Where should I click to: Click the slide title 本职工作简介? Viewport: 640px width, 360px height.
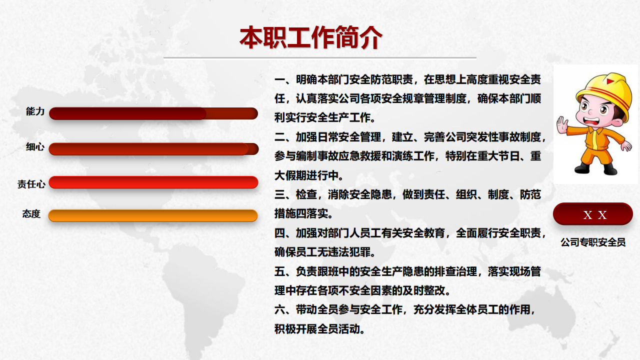pos(311,37)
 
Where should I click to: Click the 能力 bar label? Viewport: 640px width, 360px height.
pos(35,111)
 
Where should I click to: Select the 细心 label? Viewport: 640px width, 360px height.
pos(35,147)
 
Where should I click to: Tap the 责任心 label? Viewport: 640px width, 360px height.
pos(31,184)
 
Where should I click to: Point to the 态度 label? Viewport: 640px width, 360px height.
pos(31,213)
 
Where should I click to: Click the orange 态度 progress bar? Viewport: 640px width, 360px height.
pos(153,215)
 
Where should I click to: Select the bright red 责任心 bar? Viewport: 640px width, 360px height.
pos(153,182)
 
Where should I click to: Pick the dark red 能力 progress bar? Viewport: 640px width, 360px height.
pos(153,113)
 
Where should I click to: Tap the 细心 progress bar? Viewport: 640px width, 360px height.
pos(153,149)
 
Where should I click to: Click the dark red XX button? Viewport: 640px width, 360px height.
pos(593,214)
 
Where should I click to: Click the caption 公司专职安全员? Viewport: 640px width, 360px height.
pos(593,242)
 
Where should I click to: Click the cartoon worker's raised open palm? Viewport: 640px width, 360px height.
pos(562,125)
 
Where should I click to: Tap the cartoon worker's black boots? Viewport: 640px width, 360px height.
pos(595,168)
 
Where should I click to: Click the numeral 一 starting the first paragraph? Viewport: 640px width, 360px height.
pos(279,79)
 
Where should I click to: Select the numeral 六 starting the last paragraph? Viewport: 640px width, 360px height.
pos(279,309)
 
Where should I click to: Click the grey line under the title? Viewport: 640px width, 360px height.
pos(319,57)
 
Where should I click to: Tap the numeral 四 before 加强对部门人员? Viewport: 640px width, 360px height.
pos(279,233)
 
